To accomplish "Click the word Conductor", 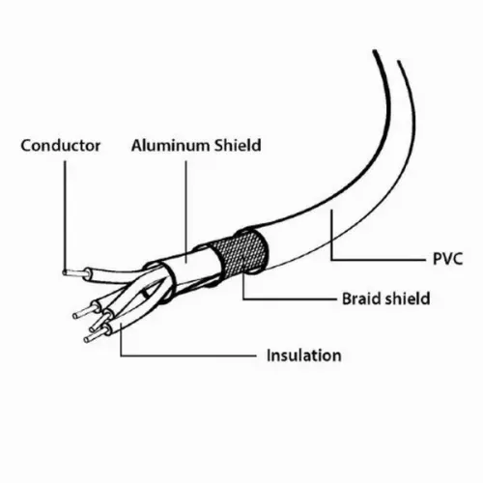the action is (x=61, y=146).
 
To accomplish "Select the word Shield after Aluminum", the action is (x=238, y=145).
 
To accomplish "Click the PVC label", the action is (x=447, y=259).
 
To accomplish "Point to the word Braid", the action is (x=361, y=298).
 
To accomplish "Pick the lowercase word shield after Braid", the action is (x=408, y=298).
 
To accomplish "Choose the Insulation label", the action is (x=304, y=355).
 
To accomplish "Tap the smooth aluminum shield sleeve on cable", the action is (x=190, y=261).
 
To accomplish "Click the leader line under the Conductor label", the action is (x=65, y=215).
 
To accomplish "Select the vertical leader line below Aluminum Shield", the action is (x=185, y=212).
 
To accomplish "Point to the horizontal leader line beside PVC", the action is (x=378, y=259).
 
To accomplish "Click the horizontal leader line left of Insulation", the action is (x=188, y=355).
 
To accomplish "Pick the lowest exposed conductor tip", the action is (x=94, y=336).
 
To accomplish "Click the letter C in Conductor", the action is (x=27, y=146).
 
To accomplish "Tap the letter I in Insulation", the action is (x=269, y=355).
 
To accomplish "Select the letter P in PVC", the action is (x=438, y=259).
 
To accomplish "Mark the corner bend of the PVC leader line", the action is (x=331, y=259).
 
